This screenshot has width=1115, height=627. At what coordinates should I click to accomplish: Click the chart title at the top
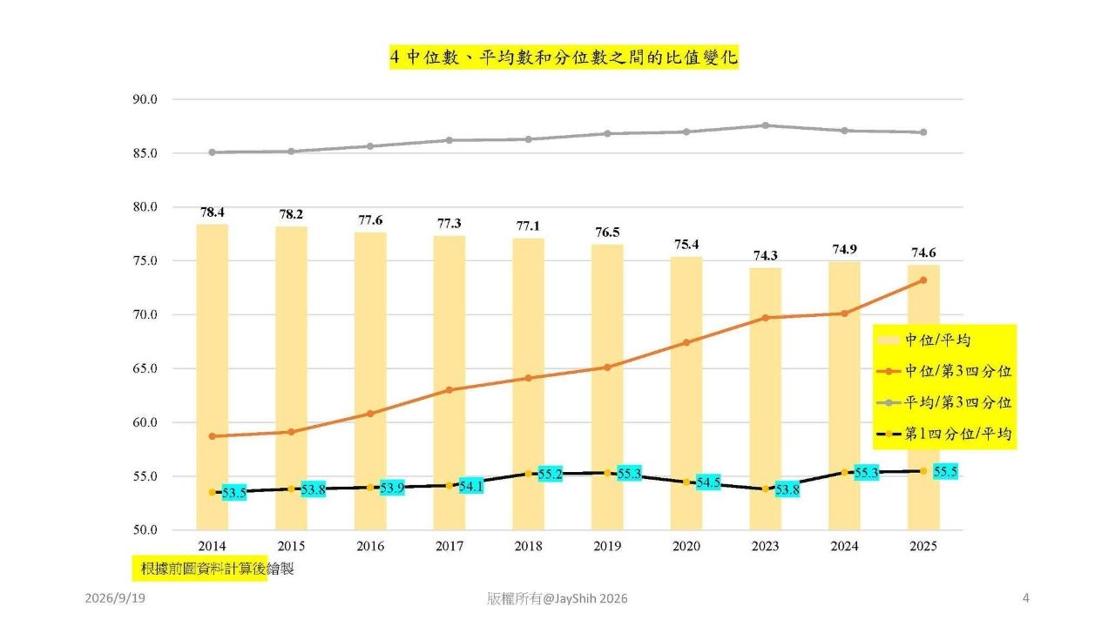pos(564,57)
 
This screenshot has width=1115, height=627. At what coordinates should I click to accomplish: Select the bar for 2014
pos(212,377)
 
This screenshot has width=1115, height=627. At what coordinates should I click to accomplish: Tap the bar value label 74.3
pos(765,256)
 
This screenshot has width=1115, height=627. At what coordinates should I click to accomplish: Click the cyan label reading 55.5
pos(945,471)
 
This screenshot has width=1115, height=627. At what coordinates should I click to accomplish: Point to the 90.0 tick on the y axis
pos(145,99)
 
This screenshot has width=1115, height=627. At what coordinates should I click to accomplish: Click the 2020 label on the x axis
pos(686,546)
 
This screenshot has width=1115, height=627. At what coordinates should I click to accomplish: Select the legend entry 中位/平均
pos(924,340)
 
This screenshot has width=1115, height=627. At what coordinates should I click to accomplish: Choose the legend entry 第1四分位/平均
pos(943,434)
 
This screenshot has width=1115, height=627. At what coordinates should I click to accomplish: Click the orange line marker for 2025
pos(923,280)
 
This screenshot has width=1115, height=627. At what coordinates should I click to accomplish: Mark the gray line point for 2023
pos(766,126)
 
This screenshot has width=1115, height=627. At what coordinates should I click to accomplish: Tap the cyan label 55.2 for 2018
pos(550,474)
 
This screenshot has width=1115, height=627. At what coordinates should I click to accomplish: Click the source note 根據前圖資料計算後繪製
pos(217,569)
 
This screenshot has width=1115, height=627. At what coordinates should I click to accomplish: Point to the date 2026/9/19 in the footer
pos(115,598)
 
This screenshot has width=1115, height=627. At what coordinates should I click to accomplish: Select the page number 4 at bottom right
pos(1026,598)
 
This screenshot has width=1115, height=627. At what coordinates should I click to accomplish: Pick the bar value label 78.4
pos(212,212)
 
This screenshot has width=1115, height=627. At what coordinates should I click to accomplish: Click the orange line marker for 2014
pos(212,436)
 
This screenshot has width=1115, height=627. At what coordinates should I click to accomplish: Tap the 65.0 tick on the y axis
pos(145,368)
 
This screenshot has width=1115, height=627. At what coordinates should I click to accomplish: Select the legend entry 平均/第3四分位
pos(943,402)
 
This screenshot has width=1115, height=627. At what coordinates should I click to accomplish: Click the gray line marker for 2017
pos(449,140)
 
